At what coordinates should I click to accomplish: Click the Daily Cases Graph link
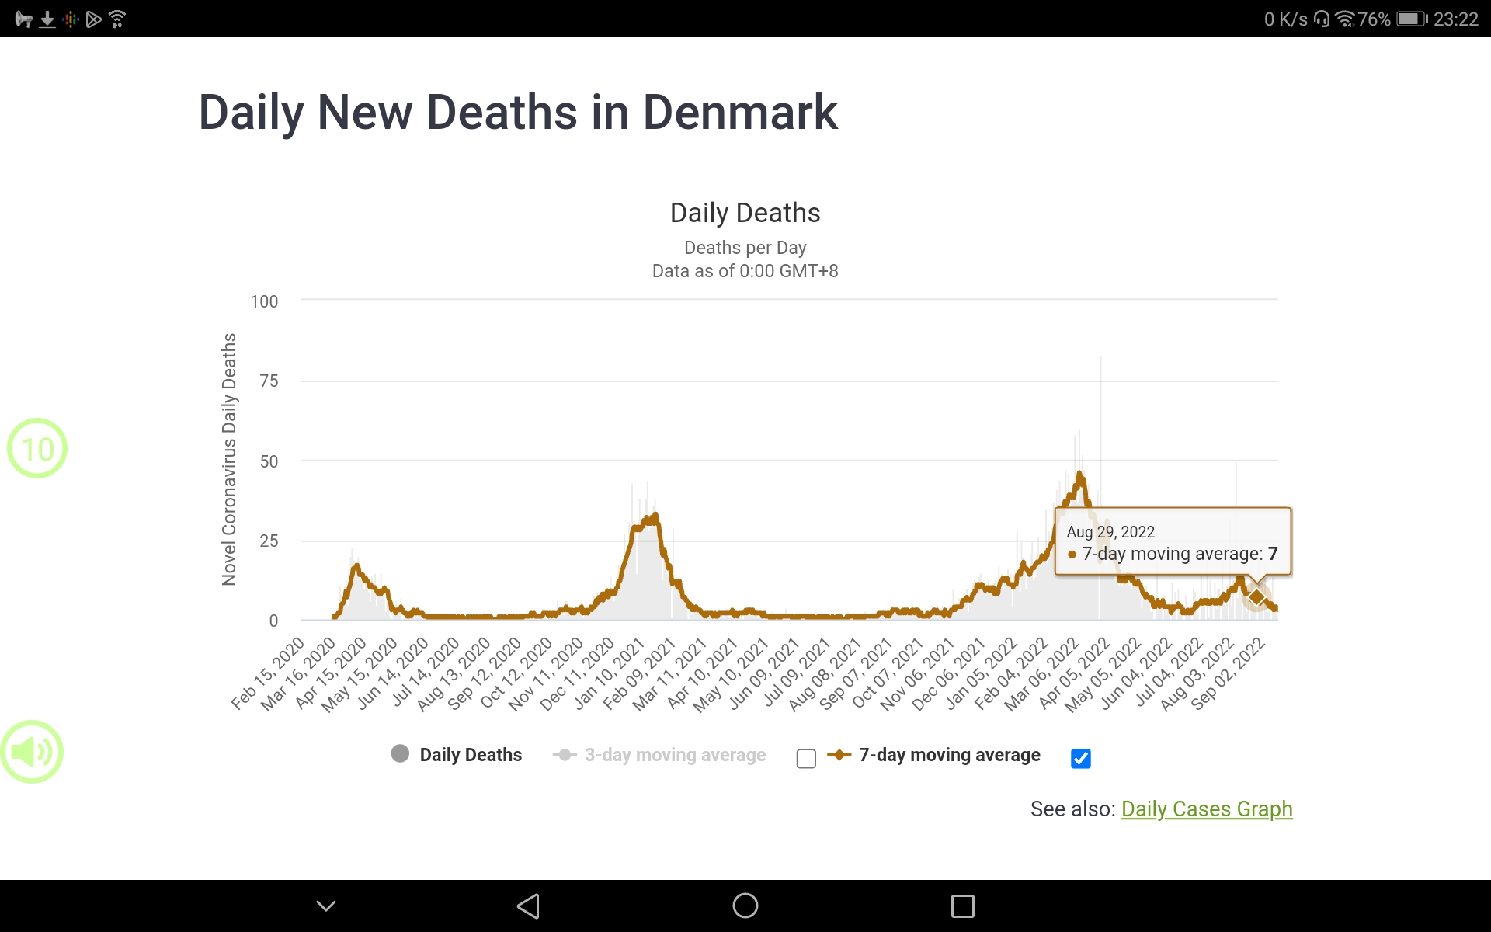coord(1206,809)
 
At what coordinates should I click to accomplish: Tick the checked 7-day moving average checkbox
coord(1080,758)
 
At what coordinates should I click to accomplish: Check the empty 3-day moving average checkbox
coord(806,758)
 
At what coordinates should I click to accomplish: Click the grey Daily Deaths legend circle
coord(400,754)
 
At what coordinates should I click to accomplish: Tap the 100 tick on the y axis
coord(264,301)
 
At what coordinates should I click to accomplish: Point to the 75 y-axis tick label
coord(269,381)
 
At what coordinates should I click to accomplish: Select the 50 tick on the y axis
coord(269,461)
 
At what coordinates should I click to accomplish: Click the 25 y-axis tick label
coord(269,541)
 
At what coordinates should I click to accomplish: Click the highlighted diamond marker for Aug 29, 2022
coord(1256,597)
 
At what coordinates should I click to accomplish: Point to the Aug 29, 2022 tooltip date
coord(1110,532)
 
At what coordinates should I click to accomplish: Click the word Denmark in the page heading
coord(740,113)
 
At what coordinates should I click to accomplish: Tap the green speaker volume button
coord(32,752)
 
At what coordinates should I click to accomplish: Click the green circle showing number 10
coord(37,448)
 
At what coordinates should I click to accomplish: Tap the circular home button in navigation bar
coord(745,906)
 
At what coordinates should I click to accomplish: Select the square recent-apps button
coord(962,906)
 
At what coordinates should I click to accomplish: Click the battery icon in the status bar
coord(1411,19)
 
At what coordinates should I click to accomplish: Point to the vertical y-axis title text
coord(229,459)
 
